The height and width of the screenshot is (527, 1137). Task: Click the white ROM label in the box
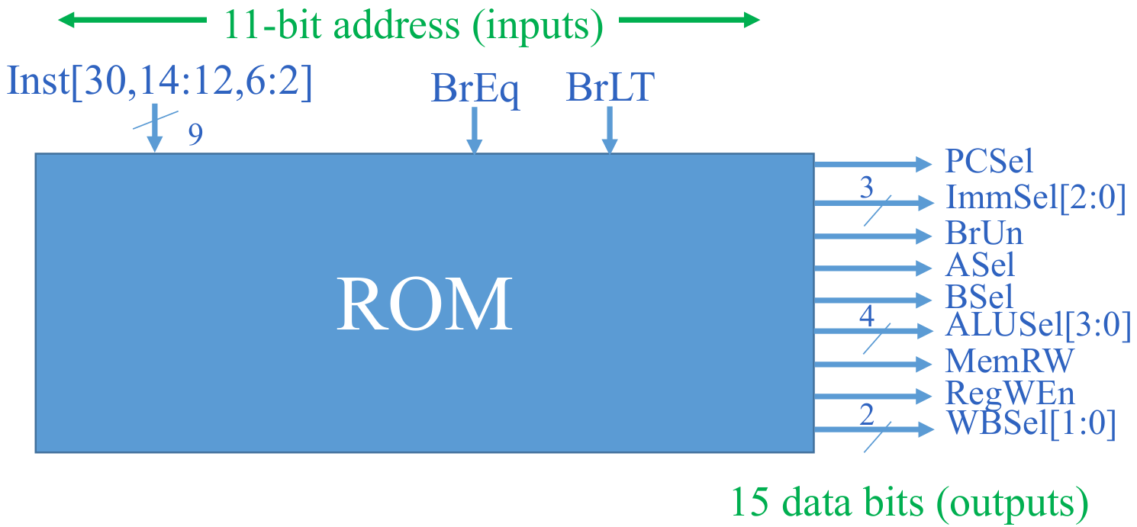[x=424, y=304]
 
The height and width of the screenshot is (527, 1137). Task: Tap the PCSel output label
[x=989, y=161]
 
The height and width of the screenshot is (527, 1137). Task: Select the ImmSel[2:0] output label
[x=1036, y=198]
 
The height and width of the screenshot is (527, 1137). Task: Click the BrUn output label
[x=984, y=233]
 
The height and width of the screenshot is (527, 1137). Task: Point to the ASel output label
[x=980, y=265]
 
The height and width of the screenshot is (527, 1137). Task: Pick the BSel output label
[x=979, y=297]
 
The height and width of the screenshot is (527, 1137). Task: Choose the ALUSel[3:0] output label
[x=1038, y=325]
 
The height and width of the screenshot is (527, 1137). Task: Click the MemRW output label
[x=1009, y=362]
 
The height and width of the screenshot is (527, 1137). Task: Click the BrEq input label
[x=475, y=89]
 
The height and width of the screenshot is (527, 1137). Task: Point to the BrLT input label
[x=610, y=87]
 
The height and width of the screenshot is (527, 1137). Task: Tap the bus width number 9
[x=195, y=134]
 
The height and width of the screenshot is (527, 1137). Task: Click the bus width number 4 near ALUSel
[x=866, y=317]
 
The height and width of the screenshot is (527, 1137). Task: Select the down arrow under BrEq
[x=475, y=130]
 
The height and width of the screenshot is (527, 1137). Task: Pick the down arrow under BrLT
[x=610, y=130]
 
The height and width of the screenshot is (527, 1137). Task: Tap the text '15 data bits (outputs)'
[x=910, y=502]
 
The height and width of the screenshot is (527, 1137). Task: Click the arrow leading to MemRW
[x=873, y=364]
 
